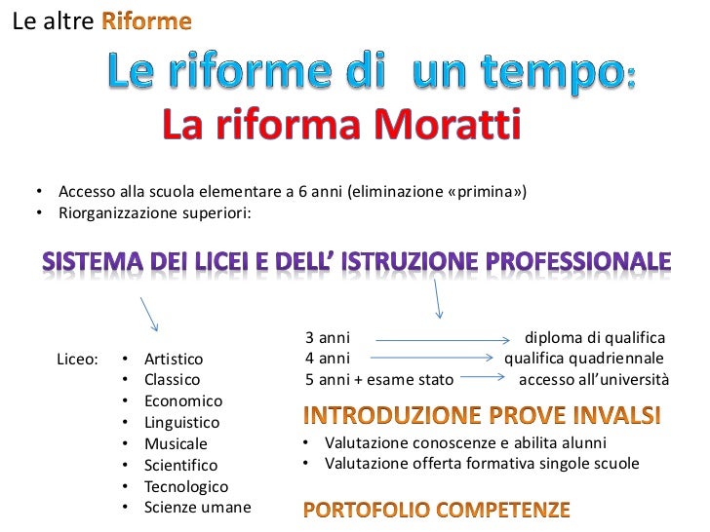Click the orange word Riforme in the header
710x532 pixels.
[146, 21]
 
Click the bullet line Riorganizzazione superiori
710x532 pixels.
[154, 211]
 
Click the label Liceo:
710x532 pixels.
[78, 359]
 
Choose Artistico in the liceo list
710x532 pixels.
[174, 359]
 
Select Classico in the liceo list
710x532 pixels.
[172, 380]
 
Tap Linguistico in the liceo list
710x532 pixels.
[181, 423]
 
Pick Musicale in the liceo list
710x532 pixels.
[176, 444]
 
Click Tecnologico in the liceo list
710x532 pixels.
[185, 486]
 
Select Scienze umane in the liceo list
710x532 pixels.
[197, 508]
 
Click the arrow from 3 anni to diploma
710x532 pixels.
[444, 340]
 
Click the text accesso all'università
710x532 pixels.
[593, 379]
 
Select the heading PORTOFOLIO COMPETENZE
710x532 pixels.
[436, 510]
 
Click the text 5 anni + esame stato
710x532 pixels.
[379, 379]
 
